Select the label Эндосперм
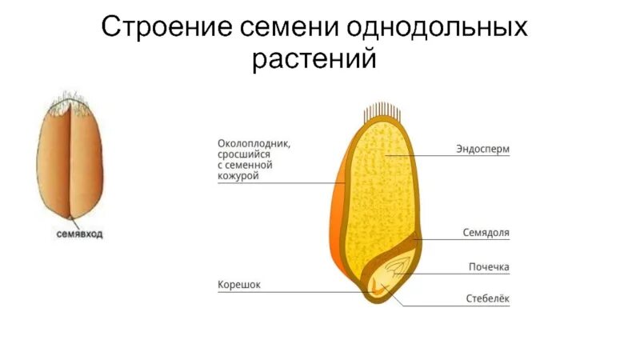click(x=482, y=150)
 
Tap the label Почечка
click(x=489, y=266)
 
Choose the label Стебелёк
click(x=487, y=299)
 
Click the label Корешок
click(x=239, y=284)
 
